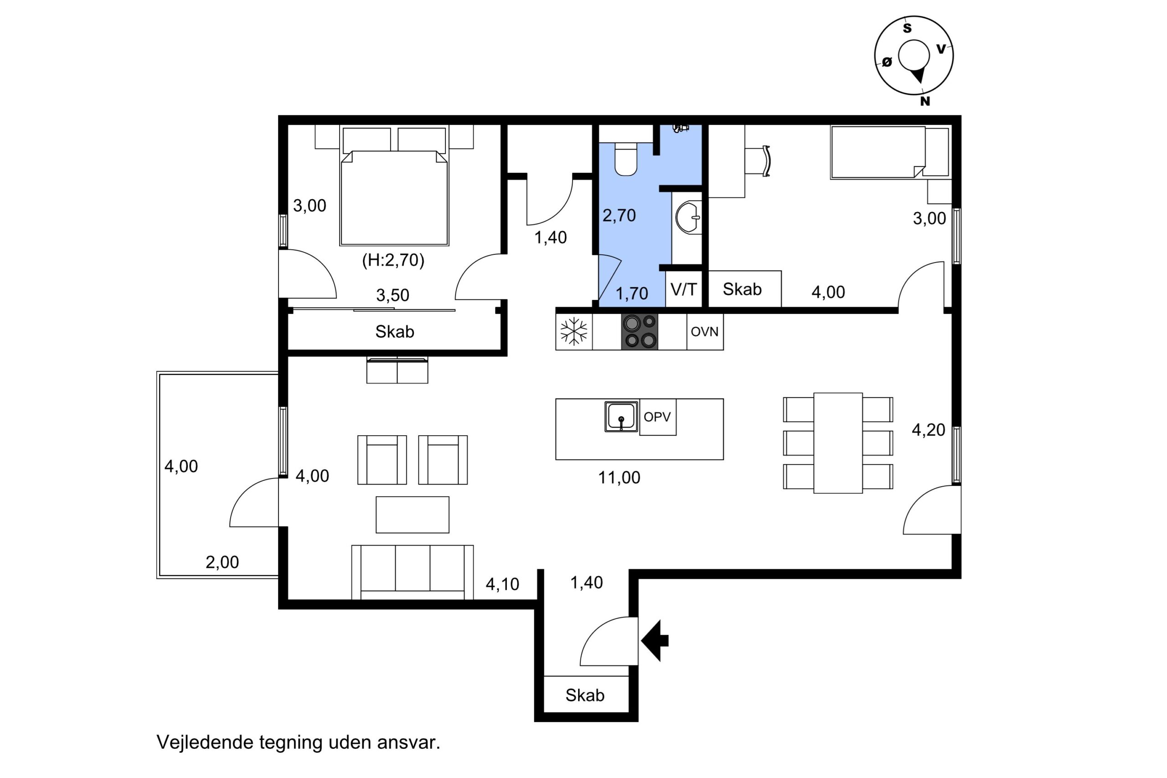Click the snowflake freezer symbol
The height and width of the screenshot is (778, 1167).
coord(573,331)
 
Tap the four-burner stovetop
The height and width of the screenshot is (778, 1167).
coord(640,331)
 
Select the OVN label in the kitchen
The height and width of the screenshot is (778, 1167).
coord(705,331)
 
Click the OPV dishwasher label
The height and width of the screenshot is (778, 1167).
coord(657,417)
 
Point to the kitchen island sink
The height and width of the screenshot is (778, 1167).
coord(621,416)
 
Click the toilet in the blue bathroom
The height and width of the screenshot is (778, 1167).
coord(626,159)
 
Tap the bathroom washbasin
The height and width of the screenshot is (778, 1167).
coord(689,217)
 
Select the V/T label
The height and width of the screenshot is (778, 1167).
coord(684,289)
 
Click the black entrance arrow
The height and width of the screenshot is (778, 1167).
coord(655,640)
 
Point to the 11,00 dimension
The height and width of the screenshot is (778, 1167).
coord(619,478)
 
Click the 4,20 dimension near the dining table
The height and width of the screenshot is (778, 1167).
coord(928,430)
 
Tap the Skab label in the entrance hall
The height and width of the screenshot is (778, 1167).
coord(585,695)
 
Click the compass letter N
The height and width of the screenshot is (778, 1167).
coord(925,101)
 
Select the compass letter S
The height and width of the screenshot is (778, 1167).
coord(907,28)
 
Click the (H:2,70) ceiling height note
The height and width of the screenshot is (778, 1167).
coord(393,260)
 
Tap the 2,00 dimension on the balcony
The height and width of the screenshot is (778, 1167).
coord(222,562)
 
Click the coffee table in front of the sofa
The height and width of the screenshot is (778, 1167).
coord(412,515)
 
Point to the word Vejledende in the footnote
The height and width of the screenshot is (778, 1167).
coord(205,742)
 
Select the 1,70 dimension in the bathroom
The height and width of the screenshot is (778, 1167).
coord(632,294)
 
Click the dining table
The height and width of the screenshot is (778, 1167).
coord(838,443)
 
